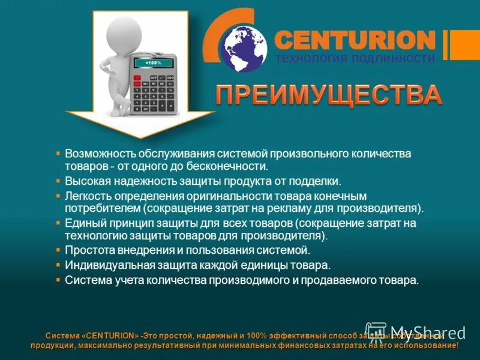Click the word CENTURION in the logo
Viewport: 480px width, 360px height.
pos(354,40)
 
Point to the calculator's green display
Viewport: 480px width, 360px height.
pos(154,62)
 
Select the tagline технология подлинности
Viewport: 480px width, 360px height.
pos(355,58)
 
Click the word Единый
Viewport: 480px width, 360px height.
pos(84,223)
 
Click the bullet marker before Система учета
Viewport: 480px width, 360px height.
pos(58,280)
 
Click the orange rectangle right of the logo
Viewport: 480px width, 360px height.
pos(465,44)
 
